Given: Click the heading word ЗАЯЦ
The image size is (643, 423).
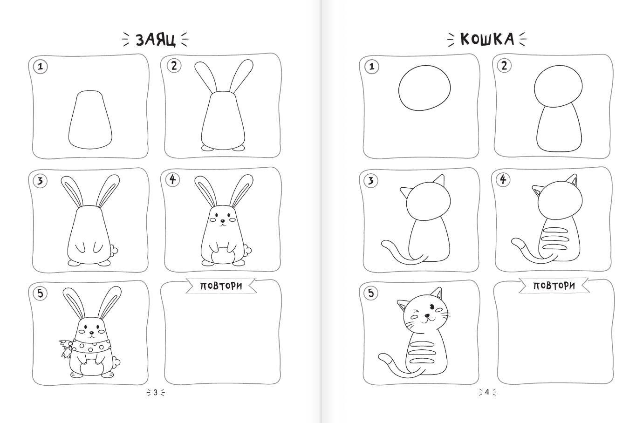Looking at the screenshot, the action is (x=155, y=40).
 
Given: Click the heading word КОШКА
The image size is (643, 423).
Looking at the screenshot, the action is (x=487, y=39).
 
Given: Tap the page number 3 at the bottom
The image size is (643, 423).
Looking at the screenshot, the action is (x=155, y=392).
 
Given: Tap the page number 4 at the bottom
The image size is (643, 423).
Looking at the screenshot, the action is (x=487, y=392).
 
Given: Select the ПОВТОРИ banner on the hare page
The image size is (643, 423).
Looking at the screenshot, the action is (x=221, y=286).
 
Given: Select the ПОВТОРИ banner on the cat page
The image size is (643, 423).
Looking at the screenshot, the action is (x=554, y=286).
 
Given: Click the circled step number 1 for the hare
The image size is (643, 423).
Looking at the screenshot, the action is (x=41, y=67).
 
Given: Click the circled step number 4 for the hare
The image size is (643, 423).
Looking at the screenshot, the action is (x=172, y=180).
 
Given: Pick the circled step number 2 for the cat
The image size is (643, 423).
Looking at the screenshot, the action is (x=504, y=66).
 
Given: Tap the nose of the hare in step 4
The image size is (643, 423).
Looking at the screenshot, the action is (x=222, y=221).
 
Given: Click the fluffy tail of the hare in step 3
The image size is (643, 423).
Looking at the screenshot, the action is (x=114, y=250).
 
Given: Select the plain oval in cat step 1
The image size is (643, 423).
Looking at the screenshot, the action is (x=424, y=88).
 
